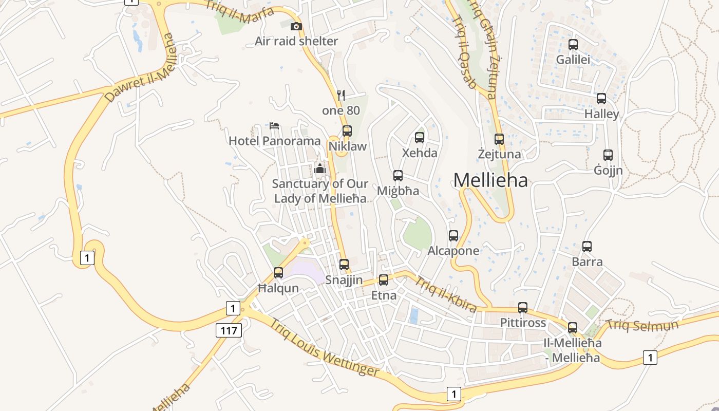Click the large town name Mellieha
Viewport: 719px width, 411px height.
pos(490,180)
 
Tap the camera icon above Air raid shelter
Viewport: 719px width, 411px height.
pos(296,26)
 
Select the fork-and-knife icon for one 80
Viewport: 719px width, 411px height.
pos(340,95)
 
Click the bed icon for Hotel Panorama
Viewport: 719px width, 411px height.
pos(274,126)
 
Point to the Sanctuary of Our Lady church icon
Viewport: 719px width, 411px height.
pos(320,169)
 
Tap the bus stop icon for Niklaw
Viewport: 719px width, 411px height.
pos(347,131)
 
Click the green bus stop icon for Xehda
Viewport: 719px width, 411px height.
pos(420,137)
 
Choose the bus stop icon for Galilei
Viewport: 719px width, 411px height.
pos(573,45)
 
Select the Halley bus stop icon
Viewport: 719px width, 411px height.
pos(601,99)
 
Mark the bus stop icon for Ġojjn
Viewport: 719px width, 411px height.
pos(608,155)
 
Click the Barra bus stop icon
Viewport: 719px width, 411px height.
pos(587,247)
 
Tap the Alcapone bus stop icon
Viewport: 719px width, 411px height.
pos(453,236)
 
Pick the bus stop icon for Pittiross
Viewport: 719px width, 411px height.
pos(523,308)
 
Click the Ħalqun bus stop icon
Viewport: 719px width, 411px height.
pos(278,273)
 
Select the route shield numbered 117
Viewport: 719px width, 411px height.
pos(229,330)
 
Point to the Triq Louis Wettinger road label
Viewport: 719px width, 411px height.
pos(325,348)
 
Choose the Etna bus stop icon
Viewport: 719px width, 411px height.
pos(384,280)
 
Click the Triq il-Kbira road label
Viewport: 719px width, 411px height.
pos(445,293)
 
